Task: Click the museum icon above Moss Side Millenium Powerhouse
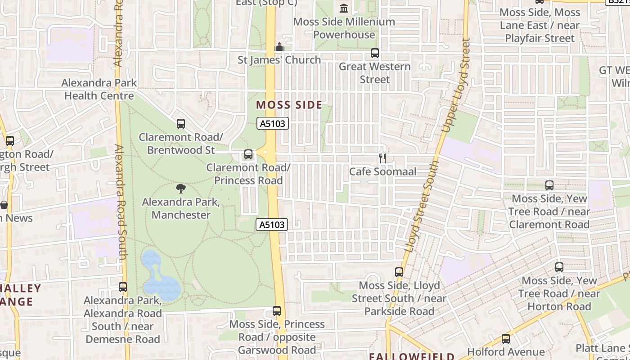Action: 344,8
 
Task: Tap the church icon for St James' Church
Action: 279,47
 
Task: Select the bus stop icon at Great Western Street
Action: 374,53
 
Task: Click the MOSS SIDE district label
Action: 289,105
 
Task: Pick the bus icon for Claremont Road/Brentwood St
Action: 181,123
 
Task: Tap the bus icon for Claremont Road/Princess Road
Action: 248,154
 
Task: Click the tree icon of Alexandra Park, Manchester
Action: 181,189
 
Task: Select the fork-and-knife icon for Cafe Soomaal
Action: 382,158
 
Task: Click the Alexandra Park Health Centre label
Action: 99,89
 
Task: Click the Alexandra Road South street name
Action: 121,202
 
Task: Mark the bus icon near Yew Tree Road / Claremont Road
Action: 549,185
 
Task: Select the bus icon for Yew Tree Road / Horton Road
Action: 559,267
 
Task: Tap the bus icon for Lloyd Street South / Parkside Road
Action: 399,272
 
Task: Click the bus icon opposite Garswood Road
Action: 277,310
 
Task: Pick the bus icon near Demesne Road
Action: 122,287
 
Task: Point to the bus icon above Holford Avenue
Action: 506,339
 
